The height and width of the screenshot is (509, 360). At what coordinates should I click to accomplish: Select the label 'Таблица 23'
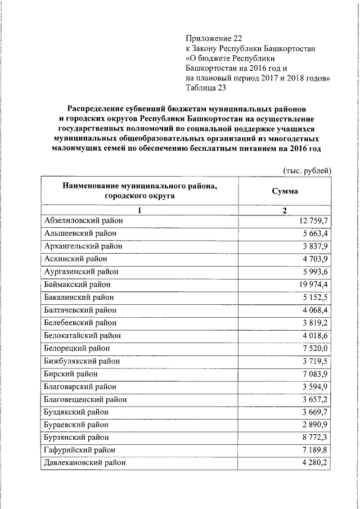206,87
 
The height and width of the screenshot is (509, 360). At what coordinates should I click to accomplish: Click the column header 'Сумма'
285,191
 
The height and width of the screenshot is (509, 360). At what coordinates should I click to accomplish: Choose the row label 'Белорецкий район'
77,348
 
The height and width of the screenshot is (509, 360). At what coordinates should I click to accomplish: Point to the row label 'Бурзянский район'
78,437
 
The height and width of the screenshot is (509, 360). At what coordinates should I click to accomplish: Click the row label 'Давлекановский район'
84,463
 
